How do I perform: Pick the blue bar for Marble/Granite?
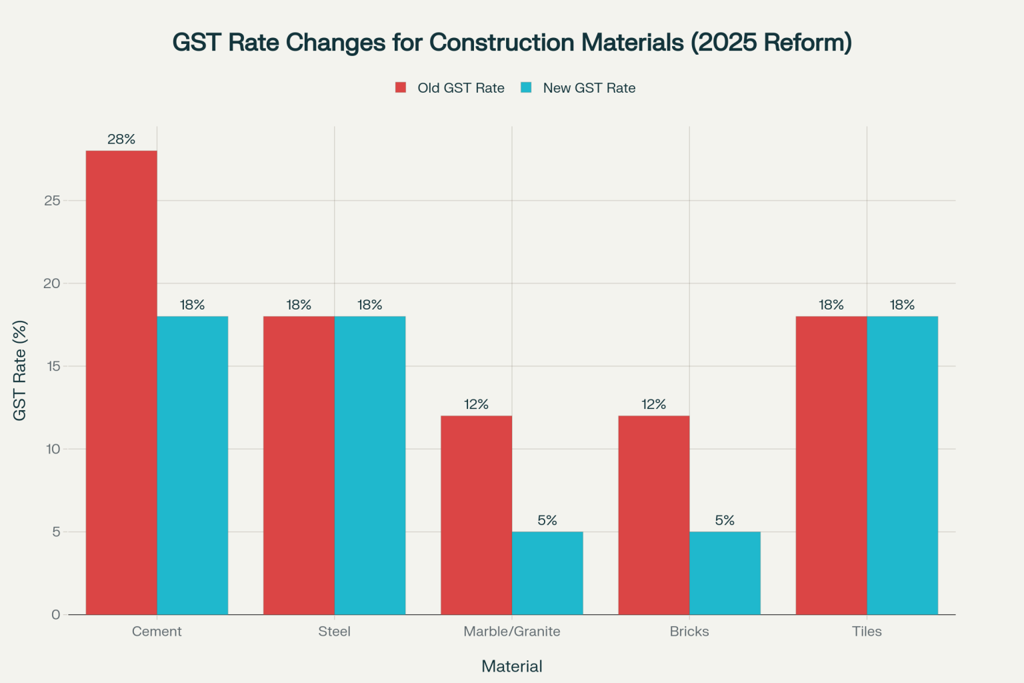tap(547, 573)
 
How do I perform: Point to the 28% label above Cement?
tap(121, 139)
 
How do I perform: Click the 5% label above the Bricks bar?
tap(725, 520)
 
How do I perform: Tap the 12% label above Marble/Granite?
tap(476, 404)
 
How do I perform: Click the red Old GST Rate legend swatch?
tap(401, 87)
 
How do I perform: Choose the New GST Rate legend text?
tap(589, 88)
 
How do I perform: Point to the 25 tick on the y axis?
tap(52, 201)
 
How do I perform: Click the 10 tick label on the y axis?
tap(53, 449)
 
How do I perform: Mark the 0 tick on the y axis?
tap(55, 614)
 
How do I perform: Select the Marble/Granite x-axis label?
tap(511, 631)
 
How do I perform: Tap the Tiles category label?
tap(866, 631)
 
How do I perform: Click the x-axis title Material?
tap(511, 666)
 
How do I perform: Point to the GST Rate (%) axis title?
tap(20, 370)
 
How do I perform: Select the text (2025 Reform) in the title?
tap(771, 43)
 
